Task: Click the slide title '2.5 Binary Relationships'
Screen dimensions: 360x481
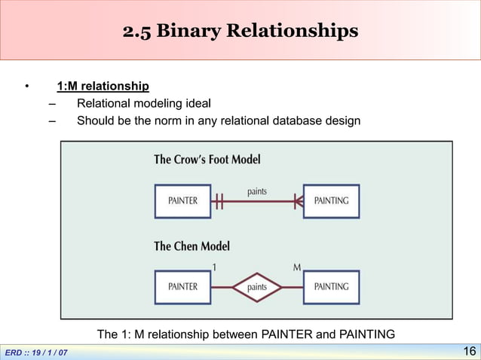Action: (x=240, y=32)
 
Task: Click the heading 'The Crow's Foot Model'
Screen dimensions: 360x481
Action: (x=207, y=160)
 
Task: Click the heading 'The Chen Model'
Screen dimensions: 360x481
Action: (x=191, y=246)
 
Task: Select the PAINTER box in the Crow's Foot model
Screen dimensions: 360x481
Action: (x=182, y=201)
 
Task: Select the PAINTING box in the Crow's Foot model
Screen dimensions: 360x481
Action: (x=331, y=201)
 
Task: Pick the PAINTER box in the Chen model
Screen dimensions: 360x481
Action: (x=182, y=287)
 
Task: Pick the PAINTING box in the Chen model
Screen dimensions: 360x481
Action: (x=331, y=287)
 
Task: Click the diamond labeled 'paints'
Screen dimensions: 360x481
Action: (x=257, y=287)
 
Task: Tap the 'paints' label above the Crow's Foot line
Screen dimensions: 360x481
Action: (x=257, y=192)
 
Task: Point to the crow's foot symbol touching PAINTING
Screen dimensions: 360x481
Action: (x=298, y=201)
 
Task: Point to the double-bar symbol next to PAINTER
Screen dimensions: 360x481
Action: (x=219, y=201)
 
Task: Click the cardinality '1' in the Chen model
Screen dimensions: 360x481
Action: (x=216, y=267)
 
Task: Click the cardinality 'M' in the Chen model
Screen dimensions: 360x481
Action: (x=297, y=267)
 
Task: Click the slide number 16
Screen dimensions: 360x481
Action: (x=468, y=352)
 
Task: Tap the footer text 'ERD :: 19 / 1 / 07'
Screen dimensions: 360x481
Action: (x=36, y=352)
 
